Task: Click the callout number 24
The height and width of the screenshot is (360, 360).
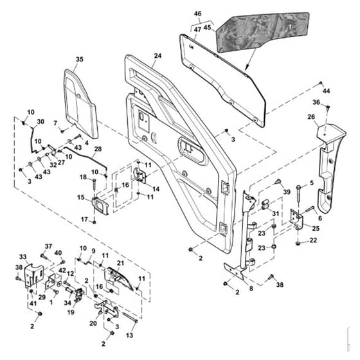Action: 157,56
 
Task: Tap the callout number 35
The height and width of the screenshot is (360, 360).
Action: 80,59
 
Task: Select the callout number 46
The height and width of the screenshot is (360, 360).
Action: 198,14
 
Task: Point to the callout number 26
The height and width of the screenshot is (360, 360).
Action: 311,117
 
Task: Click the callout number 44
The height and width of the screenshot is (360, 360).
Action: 327,91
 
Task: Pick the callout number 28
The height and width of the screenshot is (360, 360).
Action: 98,148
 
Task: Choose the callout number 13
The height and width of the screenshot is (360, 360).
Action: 129,335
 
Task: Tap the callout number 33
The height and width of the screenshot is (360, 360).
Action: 22,256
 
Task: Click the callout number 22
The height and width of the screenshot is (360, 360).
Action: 313,240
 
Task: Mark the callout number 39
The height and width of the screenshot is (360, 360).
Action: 287,192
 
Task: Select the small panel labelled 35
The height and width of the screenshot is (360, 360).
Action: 80,104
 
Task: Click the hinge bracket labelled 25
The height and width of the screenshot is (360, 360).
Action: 297,219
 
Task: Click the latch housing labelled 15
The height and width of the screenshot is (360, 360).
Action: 100,206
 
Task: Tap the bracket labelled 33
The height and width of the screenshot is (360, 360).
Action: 33,275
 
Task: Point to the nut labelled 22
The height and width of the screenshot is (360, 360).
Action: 298,244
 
